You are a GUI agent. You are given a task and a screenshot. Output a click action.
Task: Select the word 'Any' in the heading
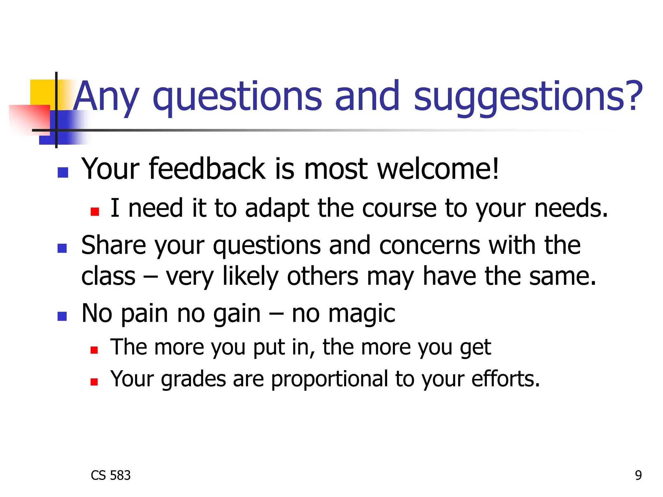click(107, 96)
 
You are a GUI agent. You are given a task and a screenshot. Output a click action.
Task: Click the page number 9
click(638, 475)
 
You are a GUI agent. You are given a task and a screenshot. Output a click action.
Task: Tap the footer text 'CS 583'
click(110, 475)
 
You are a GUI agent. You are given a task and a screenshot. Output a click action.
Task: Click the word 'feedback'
click(207, 169)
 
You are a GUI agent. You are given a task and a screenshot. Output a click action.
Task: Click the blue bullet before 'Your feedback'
click(62, 172)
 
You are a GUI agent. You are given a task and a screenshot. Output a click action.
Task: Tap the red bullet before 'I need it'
click(95, 212)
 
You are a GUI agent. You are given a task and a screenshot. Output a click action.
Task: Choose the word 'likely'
click(250, 277)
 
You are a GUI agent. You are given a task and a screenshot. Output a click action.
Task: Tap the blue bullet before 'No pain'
click(62, 316)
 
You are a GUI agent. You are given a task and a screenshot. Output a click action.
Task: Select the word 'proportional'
click(330, 379)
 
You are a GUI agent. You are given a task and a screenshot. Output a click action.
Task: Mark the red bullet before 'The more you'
click(94, 350)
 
